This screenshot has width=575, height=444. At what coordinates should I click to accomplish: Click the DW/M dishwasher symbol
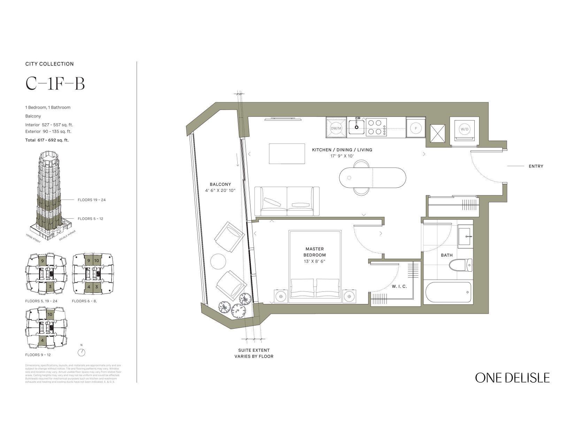(336, 128)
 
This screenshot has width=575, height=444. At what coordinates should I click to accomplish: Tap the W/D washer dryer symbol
(465, 129)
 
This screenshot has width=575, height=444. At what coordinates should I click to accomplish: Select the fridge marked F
(415, 128)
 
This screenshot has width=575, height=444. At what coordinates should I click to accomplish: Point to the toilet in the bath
(460, 265)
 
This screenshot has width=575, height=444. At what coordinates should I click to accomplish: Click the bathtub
(448, 293)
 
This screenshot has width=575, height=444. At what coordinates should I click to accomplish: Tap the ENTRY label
(536, 166)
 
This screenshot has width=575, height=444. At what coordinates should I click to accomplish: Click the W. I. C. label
(399, 286)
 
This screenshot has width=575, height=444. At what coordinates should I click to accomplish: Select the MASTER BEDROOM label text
(314, 252)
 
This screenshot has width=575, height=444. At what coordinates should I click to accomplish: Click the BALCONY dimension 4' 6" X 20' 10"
(220, 190)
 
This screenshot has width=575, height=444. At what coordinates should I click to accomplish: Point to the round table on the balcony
(218, 261)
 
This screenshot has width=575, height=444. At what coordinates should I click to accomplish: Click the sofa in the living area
(286, 201)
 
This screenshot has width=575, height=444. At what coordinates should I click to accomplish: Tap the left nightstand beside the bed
(281, 296)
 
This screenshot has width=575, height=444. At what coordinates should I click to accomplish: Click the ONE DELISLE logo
(512, 378)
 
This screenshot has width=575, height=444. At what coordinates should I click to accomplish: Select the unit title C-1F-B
(55, 84)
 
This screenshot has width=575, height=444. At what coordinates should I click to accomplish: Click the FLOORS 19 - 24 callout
(91, 200)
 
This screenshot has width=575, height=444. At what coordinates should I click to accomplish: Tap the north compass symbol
(82, 352)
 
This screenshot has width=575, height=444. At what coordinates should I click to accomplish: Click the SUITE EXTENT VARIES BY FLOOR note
(254, 353)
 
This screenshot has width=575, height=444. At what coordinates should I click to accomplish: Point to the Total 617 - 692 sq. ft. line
(47, 140)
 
